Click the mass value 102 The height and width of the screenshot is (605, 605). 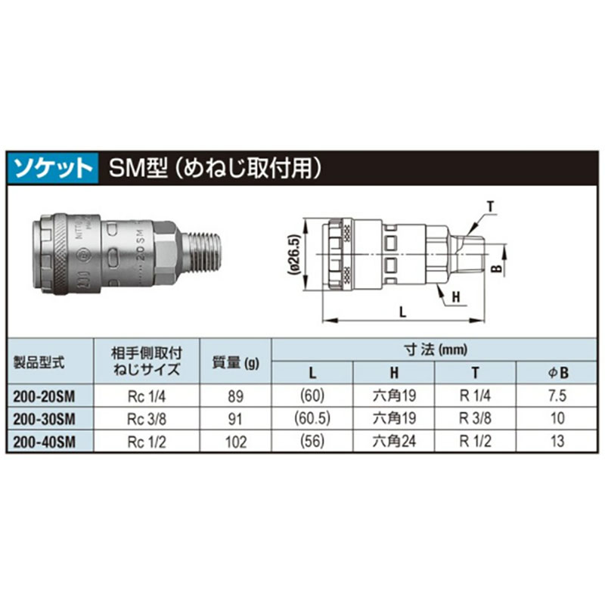coord(236,441)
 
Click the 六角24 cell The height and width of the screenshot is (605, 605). coord(394,441)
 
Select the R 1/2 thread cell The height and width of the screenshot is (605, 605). coord(474,441)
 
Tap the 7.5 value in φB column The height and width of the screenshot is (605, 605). coord(558,395)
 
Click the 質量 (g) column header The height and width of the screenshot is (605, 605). coord(236,361)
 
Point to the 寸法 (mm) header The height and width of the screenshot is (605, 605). coord(435,349)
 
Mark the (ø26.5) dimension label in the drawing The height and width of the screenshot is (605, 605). coord(294,256)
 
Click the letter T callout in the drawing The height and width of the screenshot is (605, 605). coord(490,206)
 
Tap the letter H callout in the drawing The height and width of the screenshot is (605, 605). coord(456,297)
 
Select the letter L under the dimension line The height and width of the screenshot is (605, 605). coord(403,311)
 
